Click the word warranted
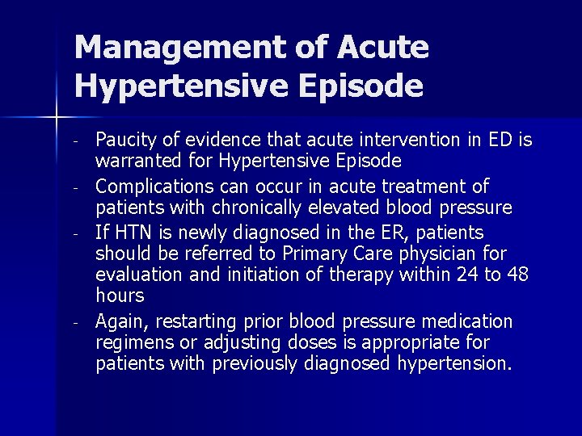coord(135,160)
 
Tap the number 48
coord(518,276)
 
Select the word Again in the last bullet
coord(119,322)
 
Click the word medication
coord(469,322)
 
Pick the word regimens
coord(132,343)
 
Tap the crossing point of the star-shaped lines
coord(56,119)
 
